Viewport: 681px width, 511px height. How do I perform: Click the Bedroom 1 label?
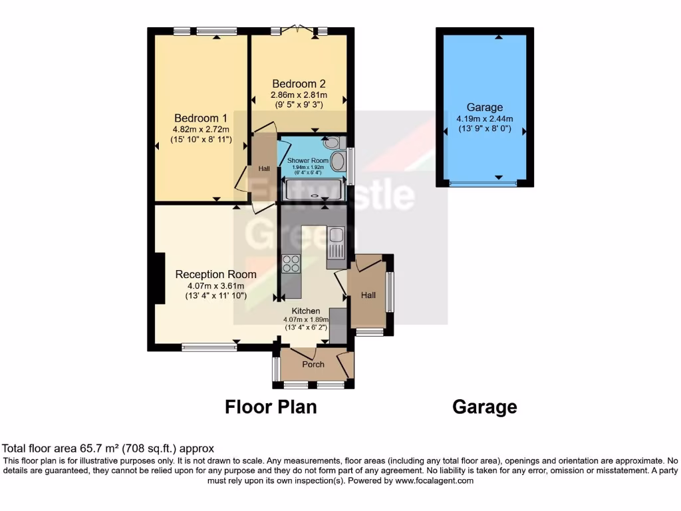[196, 118]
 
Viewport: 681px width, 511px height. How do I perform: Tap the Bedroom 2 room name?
[299, 84]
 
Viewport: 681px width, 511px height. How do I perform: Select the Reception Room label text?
[215, 274]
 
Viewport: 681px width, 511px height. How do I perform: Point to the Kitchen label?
[306, 311]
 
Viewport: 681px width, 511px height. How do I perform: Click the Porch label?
[313, 364]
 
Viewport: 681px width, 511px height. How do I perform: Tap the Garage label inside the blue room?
[484, 107]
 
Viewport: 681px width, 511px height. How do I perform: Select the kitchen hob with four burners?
[291, 264]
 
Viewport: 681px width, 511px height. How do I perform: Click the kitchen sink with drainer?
[336, 243]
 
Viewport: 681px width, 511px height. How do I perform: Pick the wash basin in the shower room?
[339, 162]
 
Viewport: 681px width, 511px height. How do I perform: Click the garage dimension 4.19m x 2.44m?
[484, 118]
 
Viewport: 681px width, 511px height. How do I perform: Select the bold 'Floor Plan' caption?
[271, 407]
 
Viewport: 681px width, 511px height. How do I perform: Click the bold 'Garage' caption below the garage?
[484, 407]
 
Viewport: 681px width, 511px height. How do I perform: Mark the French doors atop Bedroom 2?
[298, 30]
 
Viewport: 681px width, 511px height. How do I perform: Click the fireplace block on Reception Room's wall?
[159, 278]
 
